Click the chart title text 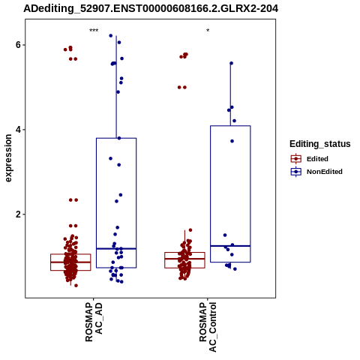[151, 8]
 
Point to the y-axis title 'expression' [8, 158]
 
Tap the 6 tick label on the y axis [18, 45]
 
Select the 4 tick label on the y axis [18, 130]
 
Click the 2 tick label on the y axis [18, 214]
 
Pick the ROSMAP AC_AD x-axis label [94, 322]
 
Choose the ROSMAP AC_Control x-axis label [208, 327]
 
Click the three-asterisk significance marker [94, 31]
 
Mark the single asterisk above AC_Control [208, 31]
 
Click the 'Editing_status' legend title [320, 144]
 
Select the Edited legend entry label [317, 159]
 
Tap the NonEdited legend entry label [325, 172]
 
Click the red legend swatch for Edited [296, 159]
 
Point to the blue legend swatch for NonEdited [296, 172]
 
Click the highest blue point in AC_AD [111, 36]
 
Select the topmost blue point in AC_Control [231, 63]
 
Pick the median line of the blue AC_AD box [116, 248]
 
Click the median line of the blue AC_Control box [230, 246]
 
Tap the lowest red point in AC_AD [76, 286]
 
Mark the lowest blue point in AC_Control [235, 269]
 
